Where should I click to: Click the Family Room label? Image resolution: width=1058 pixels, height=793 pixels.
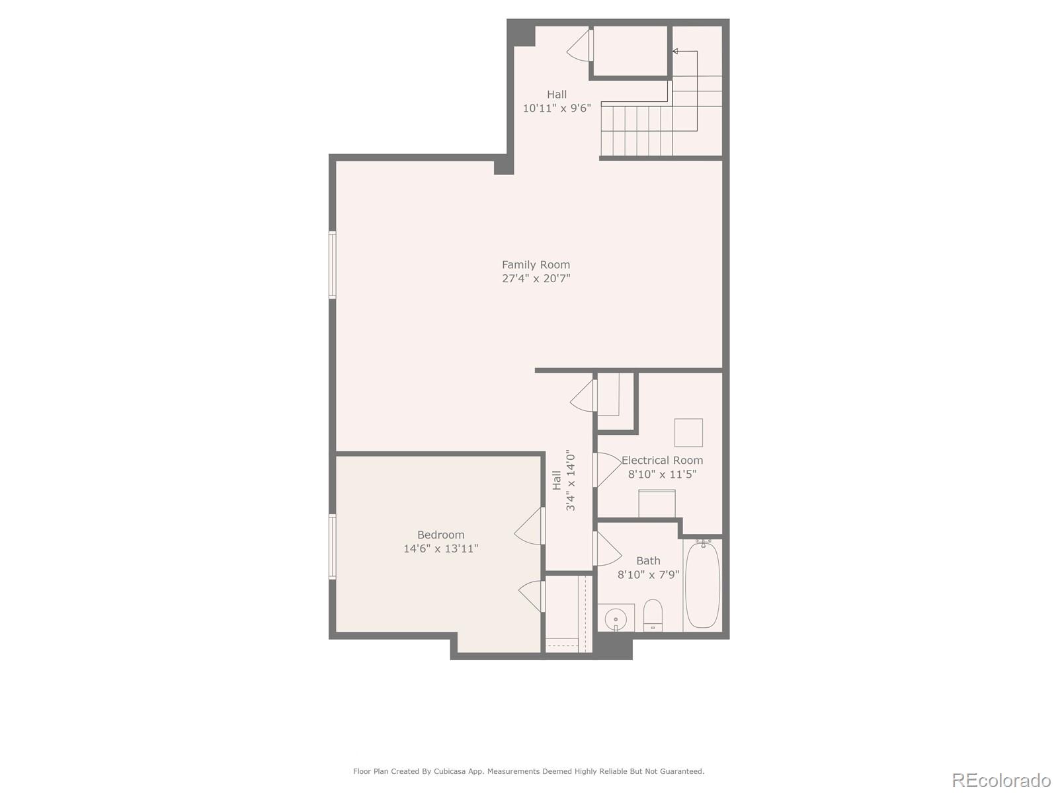point(536,264)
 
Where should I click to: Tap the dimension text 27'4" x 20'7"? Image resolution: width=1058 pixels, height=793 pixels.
point(536,279)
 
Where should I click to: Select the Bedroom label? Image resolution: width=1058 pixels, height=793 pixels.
point(440,535)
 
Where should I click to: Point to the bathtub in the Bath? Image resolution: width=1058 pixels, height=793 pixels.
point(702,584)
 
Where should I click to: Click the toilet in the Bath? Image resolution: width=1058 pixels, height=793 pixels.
point(653,615)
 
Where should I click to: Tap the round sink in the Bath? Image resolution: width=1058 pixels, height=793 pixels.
point(615,620)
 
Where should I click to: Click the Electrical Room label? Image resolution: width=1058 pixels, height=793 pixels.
point(662,460)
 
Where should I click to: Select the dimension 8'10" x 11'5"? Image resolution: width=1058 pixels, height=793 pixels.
point(662,474)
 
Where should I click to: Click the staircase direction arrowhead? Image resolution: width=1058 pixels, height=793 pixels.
point(675,51)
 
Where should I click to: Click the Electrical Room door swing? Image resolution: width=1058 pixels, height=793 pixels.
point(607,469)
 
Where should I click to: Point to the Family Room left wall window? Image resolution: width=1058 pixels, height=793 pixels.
point(333,264)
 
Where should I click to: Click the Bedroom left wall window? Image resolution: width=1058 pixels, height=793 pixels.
point(333,547)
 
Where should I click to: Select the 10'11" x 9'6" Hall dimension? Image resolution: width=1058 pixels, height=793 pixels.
point(557,108)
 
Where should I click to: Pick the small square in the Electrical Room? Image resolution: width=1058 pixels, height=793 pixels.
point(688,432)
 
